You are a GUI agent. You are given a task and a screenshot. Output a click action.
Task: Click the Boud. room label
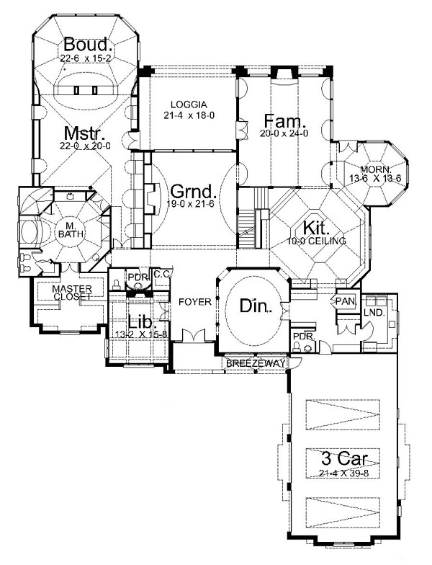pyautogui.click(x=88, y=45)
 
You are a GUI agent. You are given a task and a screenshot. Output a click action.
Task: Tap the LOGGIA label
pyautogui.click(x=189, y=105)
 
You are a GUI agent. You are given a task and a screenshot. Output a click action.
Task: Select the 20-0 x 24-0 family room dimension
pyautogui.click(x=284, y=133)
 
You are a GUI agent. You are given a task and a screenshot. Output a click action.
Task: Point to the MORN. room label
pyautogui.click(x=376, y=169)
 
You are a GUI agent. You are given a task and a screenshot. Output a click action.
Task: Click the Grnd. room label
pyautogui.click(x=194, y=192)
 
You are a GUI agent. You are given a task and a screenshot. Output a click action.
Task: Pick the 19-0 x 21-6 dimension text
pyautogui.click(x=190, y=203)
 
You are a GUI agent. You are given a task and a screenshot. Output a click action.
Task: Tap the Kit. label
pyautogui.click(x=316, y=228)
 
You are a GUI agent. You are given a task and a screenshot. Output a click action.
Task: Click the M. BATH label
pyautogui.click(x=71, y=231)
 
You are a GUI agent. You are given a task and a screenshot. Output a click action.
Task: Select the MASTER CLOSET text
pyautogui.click(x=72, y=293)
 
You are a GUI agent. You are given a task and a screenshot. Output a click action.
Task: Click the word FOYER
pyautogui.click(x=195, y=301)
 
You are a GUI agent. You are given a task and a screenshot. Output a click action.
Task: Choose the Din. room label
pyautogui.click(x=256, y=306)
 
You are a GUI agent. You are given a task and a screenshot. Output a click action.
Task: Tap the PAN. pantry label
pyautogui.click(x=346, y=301)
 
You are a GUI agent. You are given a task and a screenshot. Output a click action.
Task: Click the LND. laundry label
pyautogui.click(x=374, y=313)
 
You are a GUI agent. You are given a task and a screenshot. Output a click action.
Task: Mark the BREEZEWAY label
pyautogui.click(x=256, y=363)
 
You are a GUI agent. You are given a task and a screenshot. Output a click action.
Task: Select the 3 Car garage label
pyautogui.click(x=344, y=459)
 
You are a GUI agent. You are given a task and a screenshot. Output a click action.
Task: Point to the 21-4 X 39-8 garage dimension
pyautogui.click(x=344, y=473)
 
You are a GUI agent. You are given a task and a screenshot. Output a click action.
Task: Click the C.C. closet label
pyautogui.click(x=161, y=274)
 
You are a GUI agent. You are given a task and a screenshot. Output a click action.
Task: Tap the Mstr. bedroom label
pyautogui.click(x=85, y=133)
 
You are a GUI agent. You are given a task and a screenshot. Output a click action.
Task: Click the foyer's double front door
pyautogui.click(x=194, y=335)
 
